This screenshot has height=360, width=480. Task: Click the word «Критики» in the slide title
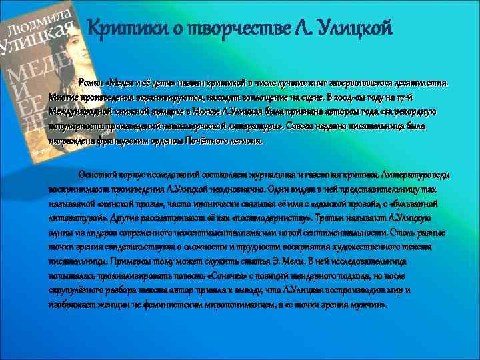[x=123, y=29]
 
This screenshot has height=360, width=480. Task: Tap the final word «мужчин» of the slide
[x=369, y=304]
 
